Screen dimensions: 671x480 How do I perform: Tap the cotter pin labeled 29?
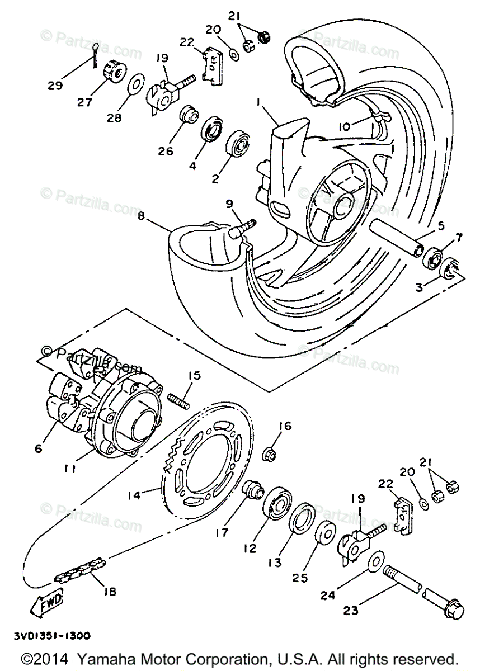click(96, 54)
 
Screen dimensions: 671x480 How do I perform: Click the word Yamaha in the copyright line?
click(108, 657)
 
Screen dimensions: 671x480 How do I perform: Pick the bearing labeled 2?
click(238, 144)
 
